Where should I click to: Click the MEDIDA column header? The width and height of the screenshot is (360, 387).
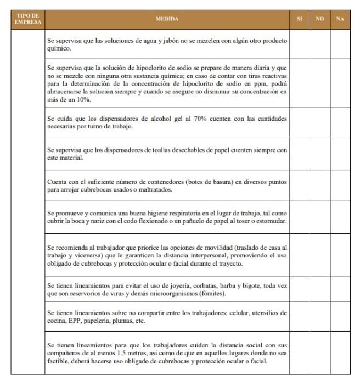tap(167, 19)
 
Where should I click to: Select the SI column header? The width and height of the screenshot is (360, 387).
tap(299, 19)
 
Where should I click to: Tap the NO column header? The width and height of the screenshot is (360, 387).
tap(319, 19)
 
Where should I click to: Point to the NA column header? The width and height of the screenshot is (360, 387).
tap(340, 19)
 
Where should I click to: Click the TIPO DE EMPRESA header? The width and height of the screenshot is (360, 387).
tap(27, 19)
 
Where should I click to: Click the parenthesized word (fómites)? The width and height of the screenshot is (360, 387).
tap(212, 294)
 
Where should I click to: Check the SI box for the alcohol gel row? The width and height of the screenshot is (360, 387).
tap(299, 122)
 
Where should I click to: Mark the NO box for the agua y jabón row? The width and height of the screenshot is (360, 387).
tap(319, 44)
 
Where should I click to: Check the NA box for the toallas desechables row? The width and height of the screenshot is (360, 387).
tap(340, 154)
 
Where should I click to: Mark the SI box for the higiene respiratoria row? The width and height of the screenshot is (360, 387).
tap(299, 217)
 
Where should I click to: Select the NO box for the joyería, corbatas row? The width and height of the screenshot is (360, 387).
tap(319, 290)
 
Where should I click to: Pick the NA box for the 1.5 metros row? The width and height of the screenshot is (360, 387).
tap(340, 352)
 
